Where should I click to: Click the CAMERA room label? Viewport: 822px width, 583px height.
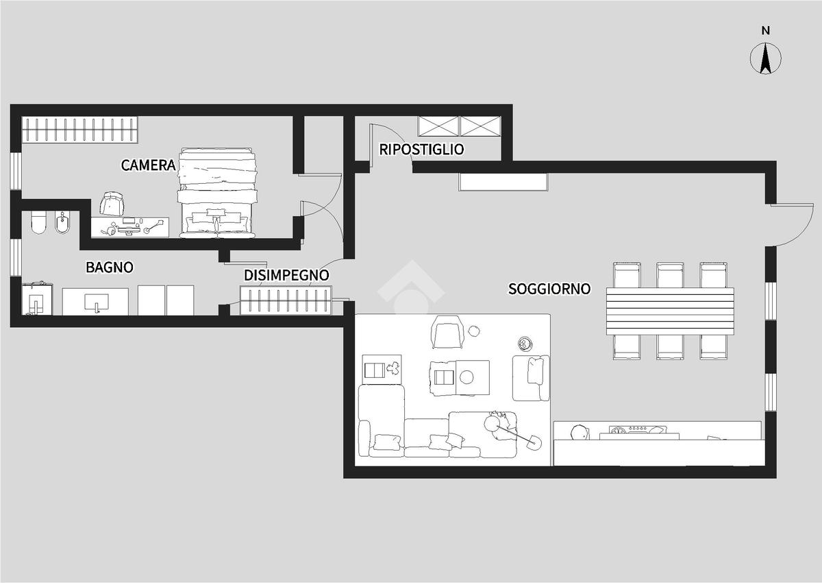(148, 165)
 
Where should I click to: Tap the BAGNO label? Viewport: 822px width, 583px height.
(110, 267)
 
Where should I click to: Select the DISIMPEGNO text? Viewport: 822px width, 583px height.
(286, 275)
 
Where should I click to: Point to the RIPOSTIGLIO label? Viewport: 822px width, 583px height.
(421, 150)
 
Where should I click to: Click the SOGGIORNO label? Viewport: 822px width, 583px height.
(549, 289)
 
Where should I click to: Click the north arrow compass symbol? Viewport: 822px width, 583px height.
(766, 59)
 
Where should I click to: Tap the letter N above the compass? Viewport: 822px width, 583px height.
(766, 31)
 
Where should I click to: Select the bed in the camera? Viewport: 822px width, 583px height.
(217, 193)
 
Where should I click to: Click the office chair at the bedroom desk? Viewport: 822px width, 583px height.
(111, 203)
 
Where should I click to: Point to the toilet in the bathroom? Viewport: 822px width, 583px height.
(38, 223)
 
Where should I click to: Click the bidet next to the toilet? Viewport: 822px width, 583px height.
(62, 223)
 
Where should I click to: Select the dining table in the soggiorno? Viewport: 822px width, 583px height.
(670, 311)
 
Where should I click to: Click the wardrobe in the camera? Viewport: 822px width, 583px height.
(79, 130)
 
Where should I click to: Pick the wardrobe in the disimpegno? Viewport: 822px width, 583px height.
(286, 300)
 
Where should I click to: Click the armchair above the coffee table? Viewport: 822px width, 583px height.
(447, 332)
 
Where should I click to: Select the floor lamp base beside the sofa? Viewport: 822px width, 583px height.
(534, 442)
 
